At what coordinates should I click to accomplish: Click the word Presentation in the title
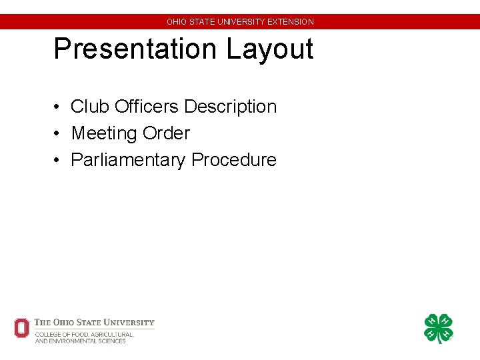(136, 49)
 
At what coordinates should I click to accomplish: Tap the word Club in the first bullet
(90, 107)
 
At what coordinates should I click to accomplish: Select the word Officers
(147, 107)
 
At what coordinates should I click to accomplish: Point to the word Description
(230, 107)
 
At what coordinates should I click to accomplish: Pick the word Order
(165, 133)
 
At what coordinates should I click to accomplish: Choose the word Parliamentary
(128, 160)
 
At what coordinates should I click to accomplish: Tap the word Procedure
(233, 160)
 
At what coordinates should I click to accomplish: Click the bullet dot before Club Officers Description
(59, 107)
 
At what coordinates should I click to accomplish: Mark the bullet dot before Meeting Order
(59, 134)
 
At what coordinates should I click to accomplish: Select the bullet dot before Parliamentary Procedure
(59, 161)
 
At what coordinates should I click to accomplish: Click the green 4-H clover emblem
(439, 329)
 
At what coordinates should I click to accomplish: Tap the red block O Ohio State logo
(22, 328)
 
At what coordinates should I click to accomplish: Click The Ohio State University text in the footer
(94, 323)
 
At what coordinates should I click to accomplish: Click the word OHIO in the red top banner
(177, 22)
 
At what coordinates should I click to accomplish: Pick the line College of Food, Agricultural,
(84, 334)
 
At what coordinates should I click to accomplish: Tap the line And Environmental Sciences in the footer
(80, 341)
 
